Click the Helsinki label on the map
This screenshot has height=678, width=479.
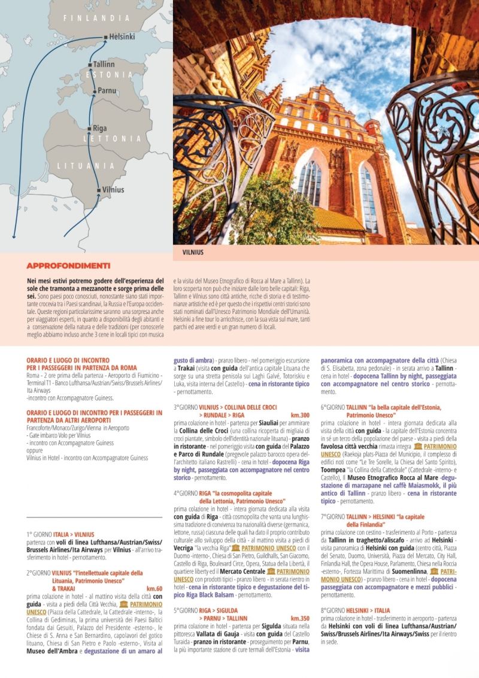(x=122, y=37)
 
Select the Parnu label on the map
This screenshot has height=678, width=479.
(x=107, y=90)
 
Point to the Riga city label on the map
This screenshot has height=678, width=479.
(x=99, y=128)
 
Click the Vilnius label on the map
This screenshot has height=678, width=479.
(x=113, y=190)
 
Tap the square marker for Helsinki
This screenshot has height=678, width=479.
(x=105, y=37)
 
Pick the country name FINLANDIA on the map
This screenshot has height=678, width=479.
(x=96, y=19)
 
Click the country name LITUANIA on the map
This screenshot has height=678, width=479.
(x=86, y=165)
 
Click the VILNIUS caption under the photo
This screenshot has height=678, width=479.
(x=193, y=253)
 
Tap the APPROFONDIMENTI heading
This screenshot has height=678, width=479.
(x=68, y=265)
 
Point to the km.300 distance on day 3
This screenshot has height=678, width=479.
(x=300, y=415)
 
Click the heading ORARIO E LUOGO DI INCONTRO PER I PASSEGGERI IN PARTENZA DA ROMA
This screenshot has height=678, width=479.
(x=81, y=364)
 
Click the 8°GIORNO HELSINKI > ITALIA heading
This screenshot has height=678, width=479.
(x=355, y=610)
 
